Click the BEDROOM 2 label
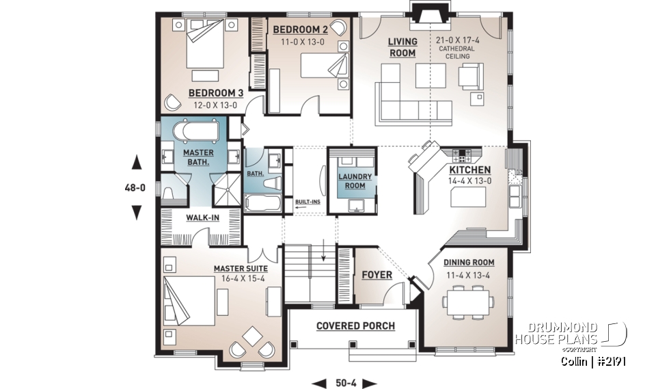click(300, 29)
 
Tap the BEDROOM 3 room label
click(216, 93)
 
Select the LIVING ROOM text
click(402, 47)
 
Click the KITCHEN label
click(469, 170)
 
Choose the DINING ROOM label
click(469, 263)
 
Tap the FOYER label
click(377, 275)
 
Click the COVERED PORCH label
click(355, 326)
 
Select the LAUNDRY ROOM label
click(355, 181)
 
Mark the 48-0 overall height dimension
click(137, 187)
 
